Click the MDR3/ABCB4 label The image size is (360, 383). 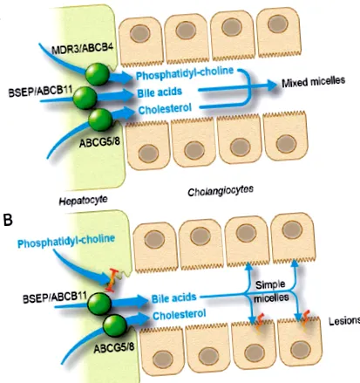tap(82, 48)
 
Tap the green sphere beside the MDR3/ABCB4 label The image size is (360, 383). tap(98, 74)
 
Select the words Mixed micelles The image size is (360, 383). tap(313, 81)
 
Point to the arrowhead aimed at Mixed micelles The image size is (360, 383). tap(271, 85)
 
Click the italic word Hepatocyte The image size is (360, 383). tap(83, 201)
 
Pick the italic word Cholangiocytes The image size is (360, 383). tap(221, 190)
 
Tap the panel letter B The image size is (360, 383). tap(7, 220)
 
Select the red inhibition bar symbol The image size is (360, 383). tap(111, 280)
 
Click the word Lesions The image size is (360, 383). tap(344, 321)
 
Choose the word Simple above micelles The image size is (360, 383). tap(270, 284)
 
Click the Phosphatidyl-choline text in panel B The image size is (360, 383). tap(66, 241)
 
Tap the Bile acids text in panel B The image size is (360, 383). tap(173, 298)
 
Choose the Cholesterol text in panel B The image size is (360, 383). tap(180, 314)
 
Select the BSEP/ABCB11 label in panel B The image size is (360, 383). tap(55, 298)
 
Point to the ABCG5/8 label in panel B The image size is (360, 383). tap(114, 347)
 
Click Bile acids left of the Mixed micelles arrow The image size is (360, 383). tap(160, 92)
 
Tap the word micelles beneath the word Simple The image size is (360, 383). tap(271, 298)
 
